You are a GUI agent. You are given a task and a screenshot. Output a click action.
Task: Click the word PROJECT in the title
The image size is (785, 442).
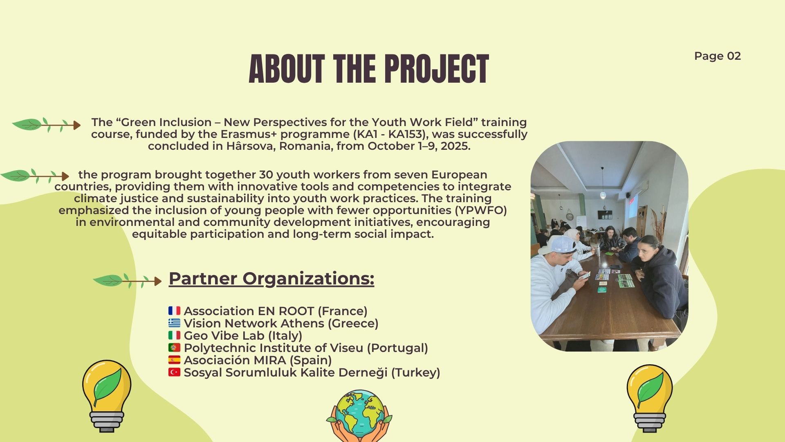pos(437,69)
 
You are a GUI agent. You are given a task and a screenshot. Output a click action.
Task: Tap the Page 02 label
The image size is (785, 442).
pos(718,56)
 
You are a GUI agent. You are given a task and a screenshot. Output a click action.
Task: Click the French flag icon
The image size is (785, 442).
pos(174,311)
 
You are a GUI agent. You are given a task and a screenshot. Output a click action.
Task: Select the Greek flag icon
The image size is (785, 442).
pos(174,323)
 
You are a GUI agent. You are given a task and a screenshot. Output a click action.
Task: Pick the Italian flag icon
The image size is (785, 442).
pos(174,335)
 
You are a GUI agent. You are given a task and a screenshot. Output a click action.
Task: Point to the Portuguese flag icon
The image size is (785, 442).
pos(174,347)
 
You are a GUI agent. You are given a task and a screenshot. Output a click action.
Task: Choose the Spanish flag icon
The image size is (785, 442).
pos(174,360)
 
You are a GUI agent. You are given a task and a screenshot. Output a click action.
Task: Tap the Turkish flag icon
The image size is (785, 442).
pos(174,372)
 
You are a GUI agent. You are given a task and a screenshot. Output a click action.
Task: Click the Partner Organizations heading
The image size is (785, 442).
pos(271,279)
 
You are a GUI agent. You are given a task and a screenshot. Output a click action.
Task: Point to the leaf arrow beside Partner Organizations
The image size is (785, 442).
pos(127,281)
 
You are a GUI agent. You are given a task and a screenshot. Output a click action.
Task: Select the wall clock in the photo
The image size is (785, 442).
pos(570,216)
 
